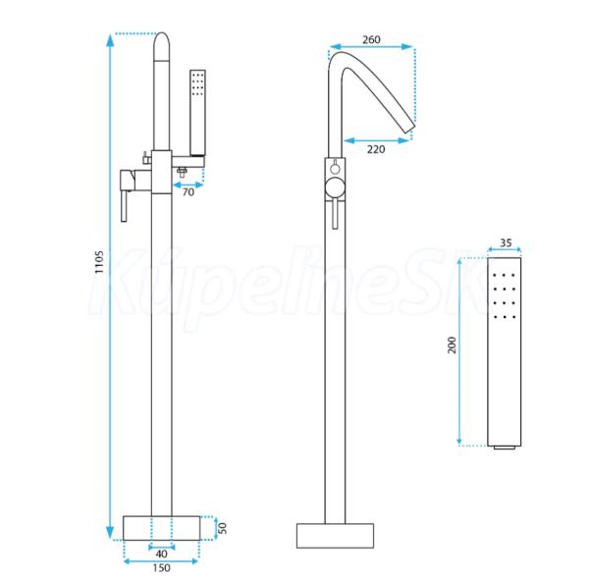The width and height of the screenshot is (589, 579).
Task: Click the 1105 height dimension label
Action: (98, 262)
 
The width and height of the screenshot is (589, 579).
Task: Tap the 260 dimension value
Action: (371, 39)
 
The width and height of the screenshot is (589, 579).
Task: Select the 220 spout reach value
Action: (376, 149)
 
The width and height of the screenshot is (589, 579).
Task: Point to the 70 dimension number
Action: (188, 192)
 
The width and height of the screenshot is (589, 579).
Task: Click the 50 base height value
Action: (223, 528)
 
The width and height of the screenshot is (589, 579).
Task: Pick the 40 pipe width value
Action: (162, 553)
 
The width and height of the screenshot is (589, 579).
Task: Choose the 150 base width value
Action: (161, 568)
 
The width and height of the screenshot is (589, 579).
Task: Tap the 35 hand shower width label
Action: (506, 242)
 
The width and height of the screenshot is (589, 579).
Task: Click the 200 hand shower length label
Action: (452, 345)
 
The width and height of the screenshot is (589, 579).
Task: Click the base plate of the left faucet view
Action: (162, 528)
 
